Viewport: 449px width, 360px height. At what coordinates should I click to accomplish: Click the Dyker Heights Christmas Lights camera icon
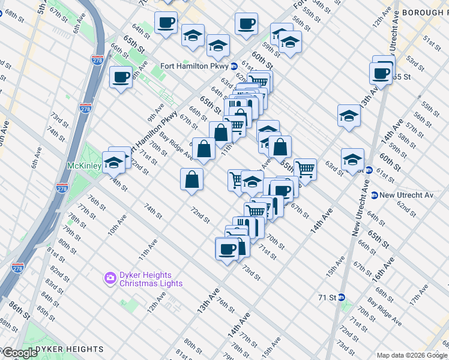click(110, 277)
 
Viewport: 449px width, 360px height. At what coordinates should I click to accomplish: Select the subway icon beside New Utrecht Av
click(374, 195)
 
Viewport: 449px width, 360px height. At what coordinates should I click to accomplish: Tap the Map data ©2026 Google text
click(412, 355)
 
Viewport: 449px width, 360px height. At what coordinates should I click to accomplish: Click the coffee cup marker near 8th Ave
click(121, 77)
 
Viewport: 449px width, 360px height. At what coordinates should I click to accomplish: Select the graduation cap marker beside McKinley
click(113, 161)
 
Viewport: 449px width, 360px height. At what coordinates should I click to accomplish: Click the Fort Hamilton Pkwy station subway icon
click(234, 66)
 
